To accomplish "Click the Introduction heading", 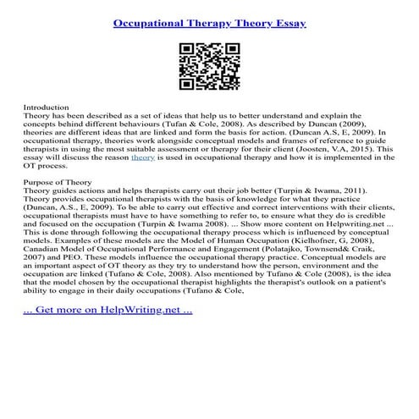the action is pyautogui.click(x=45, y=108).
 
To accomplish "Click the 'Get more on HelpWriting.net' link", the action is pyautogui.click(x=108, y=309).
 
